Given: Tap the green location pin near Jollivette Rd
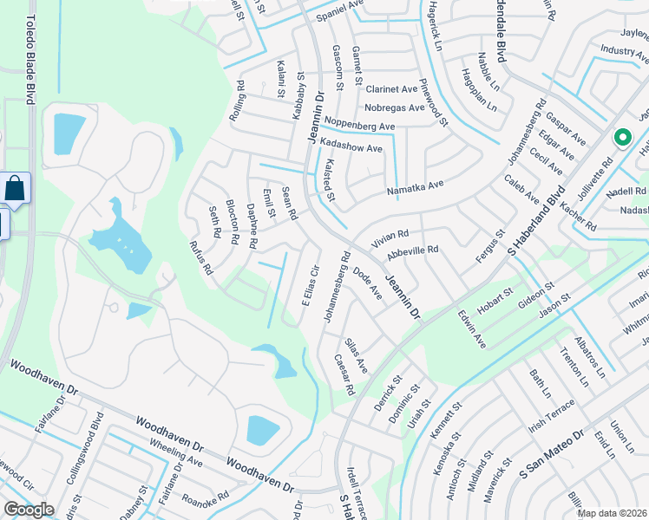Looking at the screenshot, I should [x=621, y=138].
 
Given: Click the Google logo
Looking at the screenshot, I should [x=29, y=510].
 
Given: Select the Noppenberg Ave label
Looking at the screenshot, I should [x=357, y=127].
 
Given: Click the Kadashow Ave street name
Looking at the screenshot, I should [x=351, y=148].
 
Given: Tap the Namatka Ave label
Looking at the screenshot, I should [x=415, y=185].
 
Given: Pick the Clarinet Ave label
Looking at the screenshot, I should [x=390, y=89].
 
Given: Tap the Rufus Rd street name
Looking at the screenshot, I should [x=201, y=257].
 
